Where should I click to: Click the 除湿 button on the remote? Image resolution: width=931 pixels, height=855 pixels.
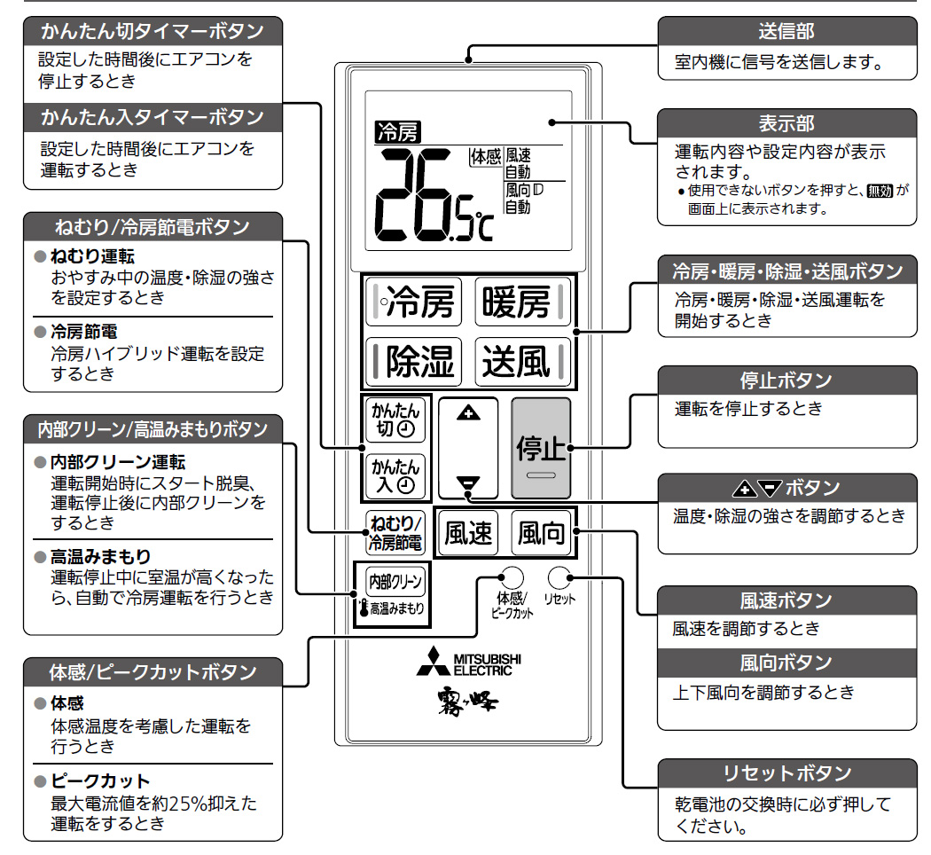pos(412,361)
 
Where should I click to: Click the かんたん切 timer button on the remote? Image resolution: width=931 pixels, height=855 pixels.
pos(395,420)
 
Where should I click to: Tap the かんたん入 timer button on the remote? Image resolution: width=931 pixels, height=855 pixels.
pos(395,475)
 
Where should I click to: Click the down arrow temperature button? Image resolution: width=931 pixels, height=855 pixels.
pos(467,484)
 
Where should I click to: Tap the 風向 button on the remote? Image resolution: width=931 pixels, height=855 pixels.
pos(541,533)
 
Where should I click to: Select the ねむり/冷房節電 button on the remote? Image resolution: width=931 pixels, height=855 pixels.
pos(395,533)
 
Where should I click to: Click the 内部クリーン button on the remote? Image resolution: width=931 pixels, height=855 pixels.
pos(395,582)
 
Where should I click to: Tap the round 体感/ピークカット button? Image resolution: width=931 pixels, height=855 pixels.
pos(512,577)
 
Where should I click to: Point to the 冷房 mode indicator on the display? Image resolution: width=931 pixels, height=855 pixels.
pos(397,133)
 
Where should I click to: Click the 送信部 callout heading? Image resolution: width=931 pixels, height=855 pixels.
pos(786,32)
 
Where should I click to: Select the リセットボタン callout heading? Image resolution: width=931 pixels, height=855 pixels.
pos(786,773)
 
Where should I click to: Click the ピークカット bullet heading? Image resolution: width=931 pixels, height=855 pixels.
pos(99,781)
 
